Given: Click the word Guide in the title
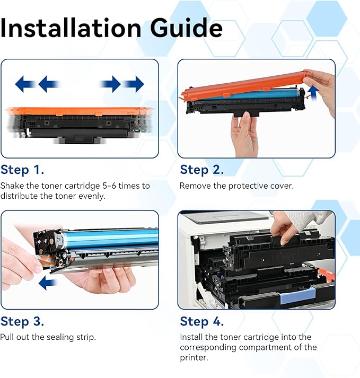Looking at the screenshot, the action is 186,28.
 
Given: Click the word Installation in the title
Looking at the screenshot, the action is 71,28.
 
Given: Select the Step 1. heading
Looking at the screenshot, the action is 22,170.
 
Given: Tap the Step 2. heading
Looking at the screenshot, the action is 202,170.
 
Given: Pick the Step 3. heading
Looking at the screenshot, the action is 22,321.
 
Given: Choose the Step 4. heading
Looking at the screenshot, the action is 202,321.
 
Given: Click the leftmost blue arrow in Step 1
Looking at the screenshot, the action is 25,84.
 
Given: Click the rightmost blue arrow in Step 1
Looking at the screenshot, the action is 134,84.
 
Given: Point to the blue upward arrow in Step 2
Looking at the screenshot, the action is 313,93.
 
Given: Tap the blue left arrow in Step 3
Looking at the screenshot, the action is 48,283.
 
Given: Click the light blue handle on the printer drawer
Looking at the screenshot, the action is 298,295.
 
